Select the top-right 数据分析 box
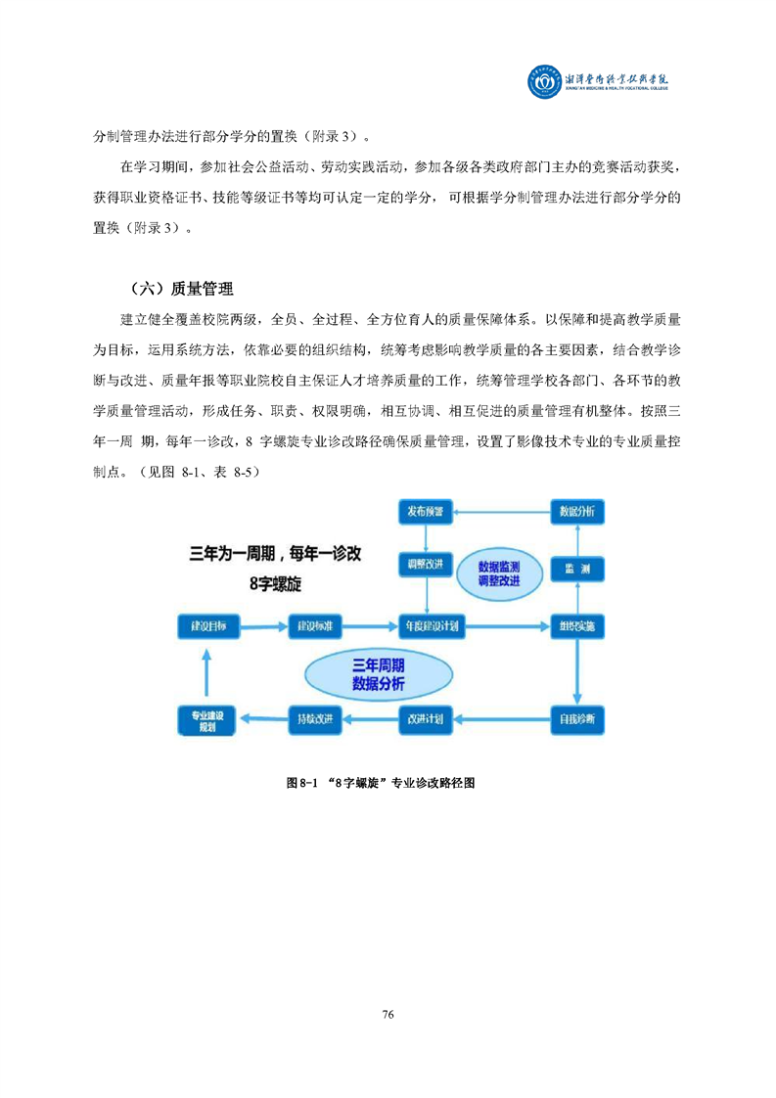(x=575, y=512)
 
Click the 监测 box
(x=575, y=569)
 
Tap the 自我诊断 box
(x=575, y=719)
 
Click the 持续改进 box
(x=315, y=719)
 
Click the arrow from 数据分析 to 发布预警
(x=500, y=511)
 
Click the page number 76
(x=388, y=1014)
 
